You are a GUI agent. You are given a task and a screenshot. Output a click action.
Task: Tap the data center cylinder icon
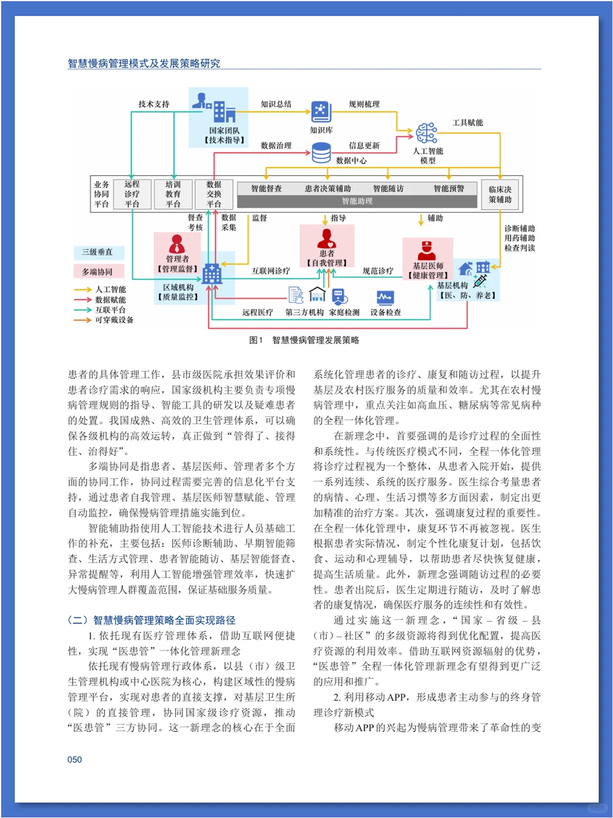click(x=321, y=153)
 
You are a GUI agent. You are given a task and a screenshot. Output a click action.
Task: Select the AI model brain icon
click(x=426, y=133)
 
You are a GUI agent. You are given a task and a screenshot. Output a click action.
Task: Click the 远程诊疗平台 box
click(x=132, y=194)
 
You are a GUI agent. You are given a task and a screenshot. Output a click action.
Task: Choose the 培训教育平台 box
click(x=173, y=194)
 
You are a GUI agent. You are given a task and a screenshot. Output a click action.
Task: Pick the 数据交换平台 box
click(x=214, y=194)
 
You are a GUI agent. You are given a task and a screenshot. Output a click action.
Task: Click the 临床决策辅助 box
click(x=500, y=194)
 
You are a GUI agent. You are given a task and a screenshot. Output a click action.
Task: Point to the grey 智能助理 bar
click(x=357, y=201)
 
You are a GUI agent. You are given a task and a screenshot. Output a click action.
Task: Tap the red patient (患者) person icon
click(x=327, y=238)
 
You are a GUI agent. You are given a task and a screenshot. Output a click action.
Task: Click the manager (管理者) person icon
click(x=177, y=244)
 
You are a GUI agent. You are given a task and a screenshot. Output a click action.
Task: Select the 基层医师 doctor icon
click(x=427, y=250)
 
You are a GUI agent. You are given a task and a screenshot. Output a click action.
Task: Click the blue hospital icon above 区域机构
click(x=212, y=274)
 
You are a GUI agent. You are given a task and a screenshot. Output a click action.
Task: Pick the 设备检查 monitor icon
click(x=385, y=297)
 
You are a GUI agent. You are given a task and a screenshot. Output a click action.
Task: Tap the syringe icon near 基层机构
click(x=480, y=280)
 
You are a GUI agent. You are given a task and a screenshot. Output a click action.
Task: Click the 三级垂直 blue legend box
click(x=98, y=252)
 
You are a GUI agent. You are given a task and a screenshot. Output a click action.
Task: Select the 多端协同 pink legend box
click(x=98, y=272)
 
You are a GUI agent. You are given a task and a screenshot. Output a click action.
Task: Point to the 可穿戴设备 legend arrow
click(x=82, y=320)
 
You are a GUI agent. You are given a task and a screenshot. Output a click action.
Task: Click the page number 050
click(x=75, y=760)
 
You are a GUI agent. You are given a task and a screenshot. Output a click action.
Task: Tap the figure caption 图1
click(x=256, y=340)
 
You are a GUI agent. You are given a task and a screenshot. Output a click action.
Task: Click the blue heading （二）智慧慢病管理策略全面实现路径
click(x=151, y=620)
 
